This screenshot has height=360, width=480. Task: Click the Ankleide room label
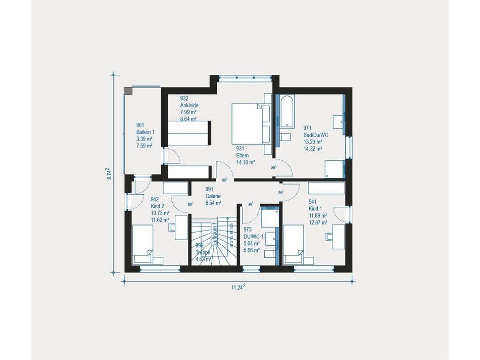click(189, 105)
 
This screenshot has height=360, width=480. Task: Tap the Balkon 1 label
click(145, 131)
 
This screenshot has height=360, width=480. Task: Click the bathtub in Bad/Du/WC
click(286, 111)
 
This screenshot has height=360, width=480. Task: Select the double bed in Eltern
click(250, 124)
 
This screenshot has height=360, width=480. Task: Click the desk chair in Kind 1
click(330, 236)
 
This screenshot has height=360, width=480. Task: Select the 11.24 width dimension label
click(238, 287)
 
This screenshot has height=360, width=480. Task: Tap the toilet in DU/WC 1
click(271, 253)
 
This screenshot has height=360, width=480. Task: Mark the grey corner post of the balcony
click(128, 92)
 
